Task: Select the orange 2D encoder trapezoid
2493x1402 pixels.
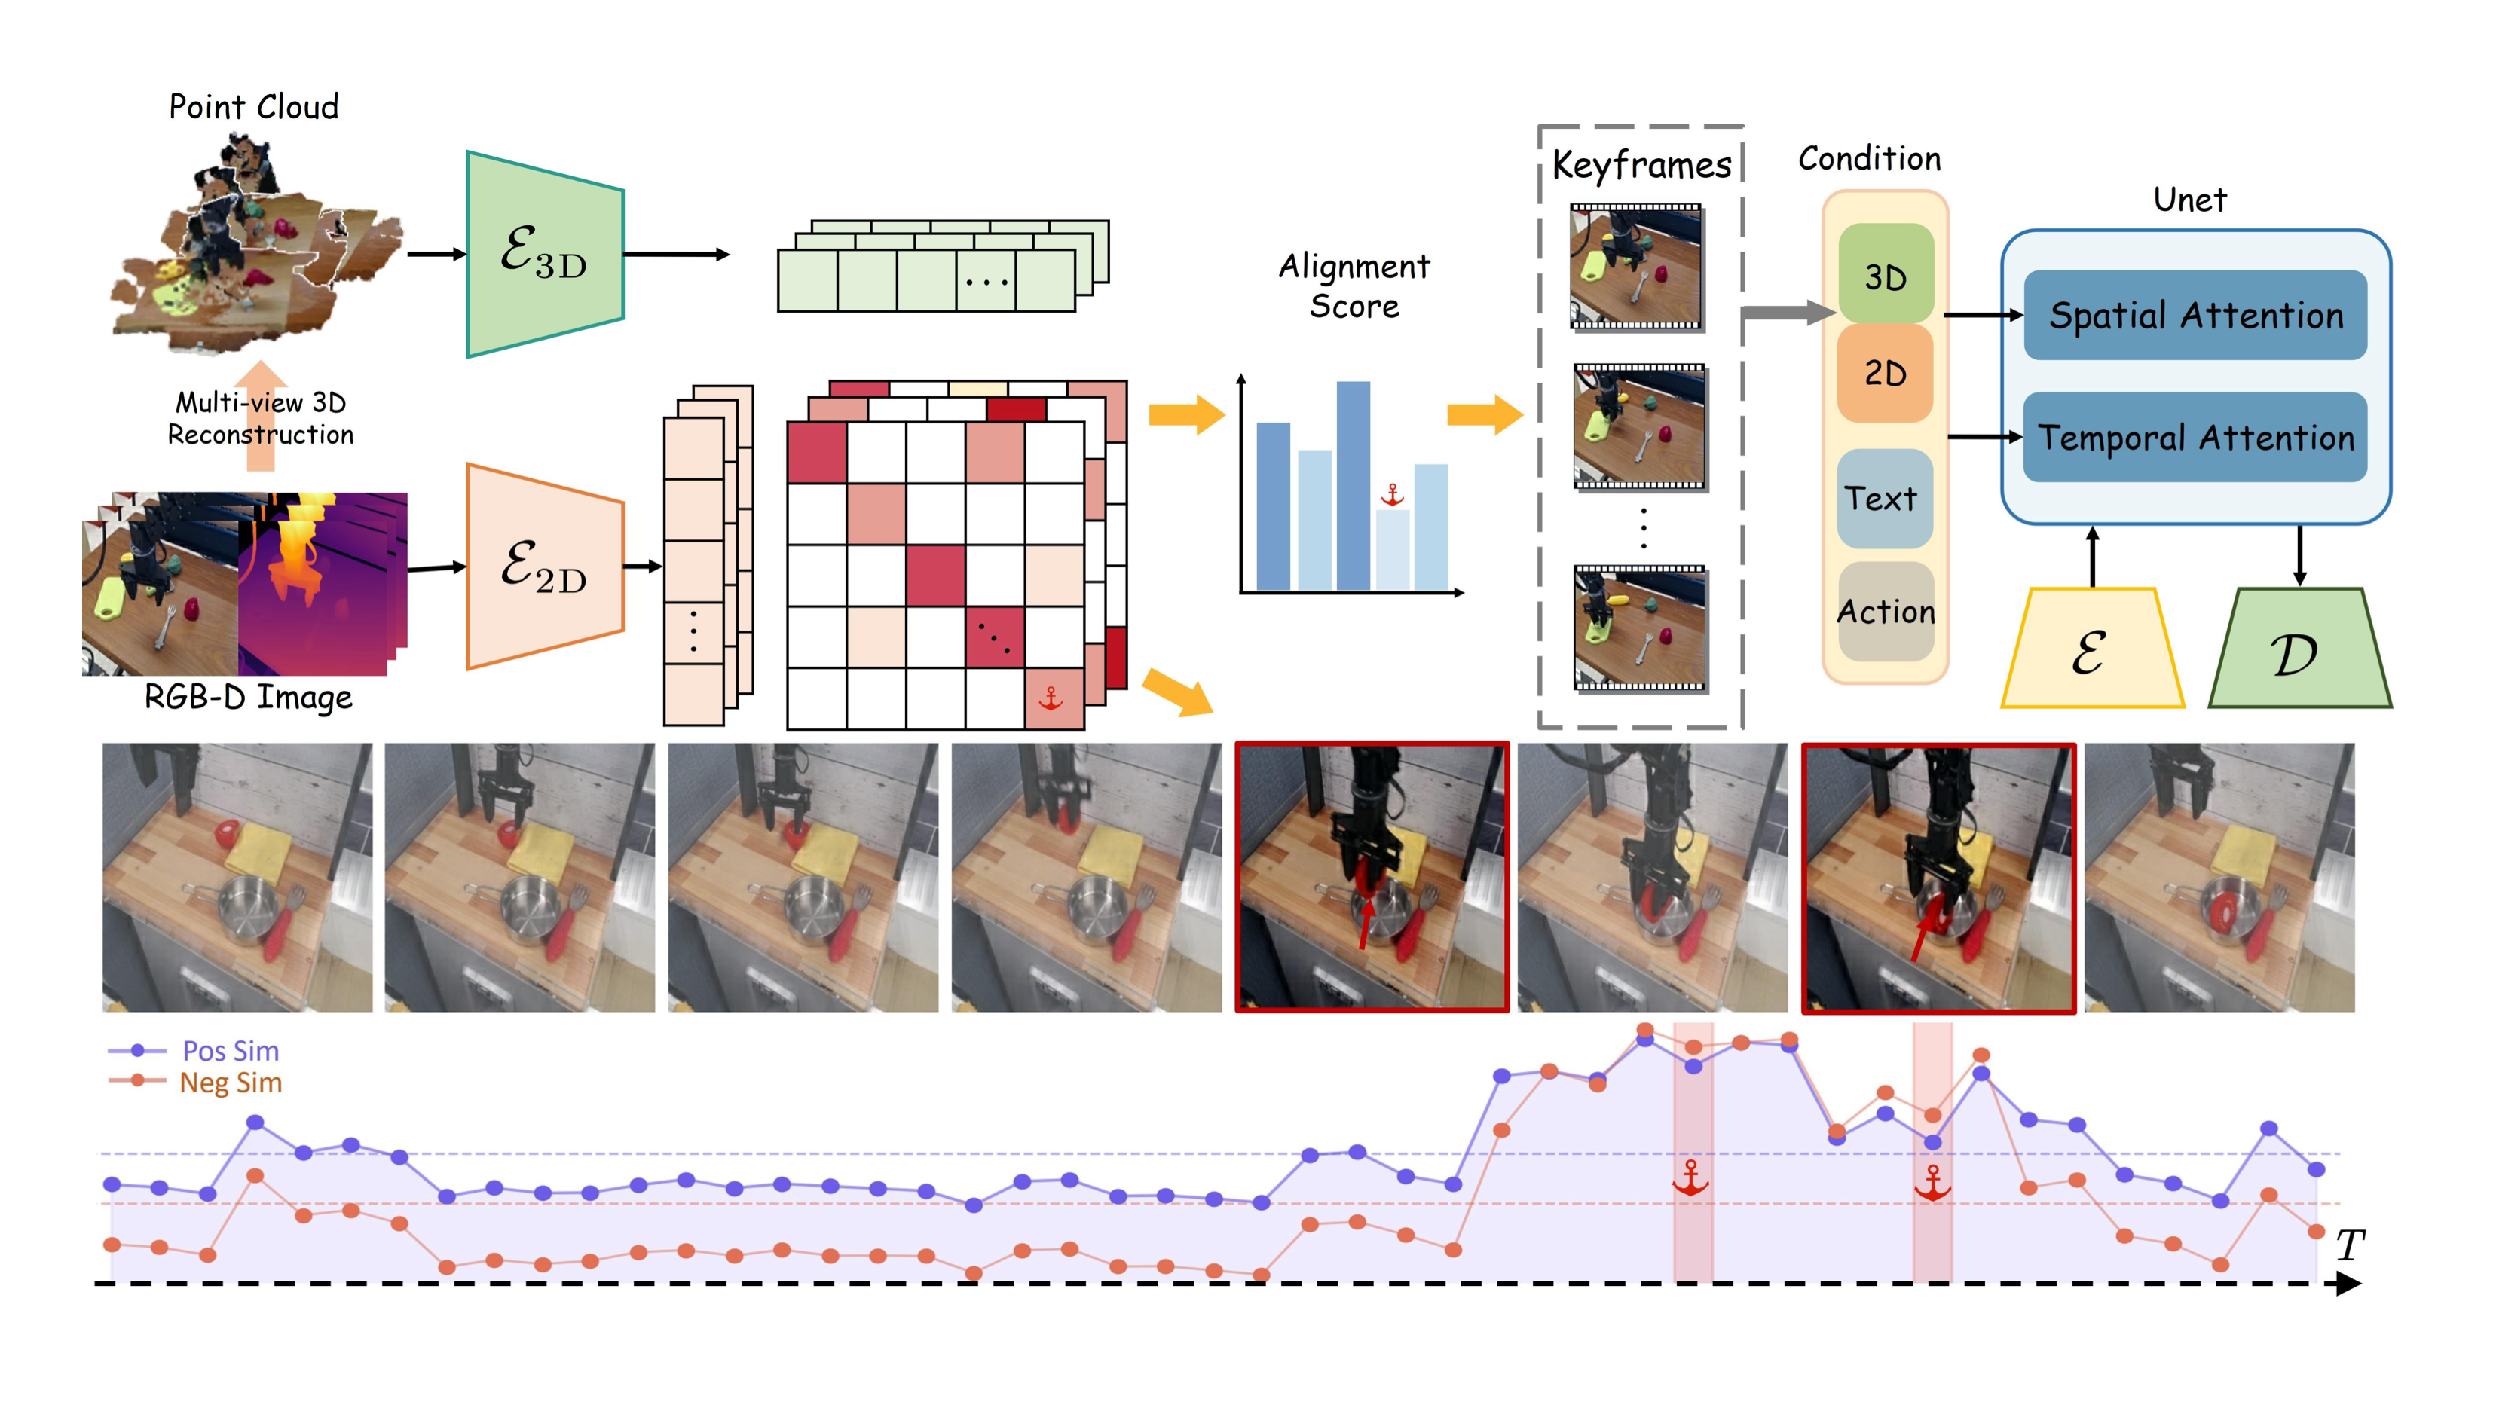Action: point(544,566)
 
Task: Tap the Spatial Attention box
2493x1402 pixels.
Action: point(2195,316)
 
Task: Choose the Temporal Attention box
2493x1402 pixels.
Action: point(2195,438)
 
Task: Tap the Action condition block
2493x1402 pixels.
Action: point(1886,612)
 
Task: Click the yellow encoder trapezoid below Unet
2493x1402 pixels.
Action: point(2091,650)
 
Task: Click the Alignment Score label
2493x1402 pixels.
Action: point(1354,286)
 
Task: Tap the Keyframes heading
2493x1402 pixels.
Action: point(1641,166)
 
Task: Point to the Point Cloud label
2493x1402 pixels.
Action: point(253,106)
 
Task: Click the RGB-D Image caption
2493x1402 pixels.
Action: point(248,697)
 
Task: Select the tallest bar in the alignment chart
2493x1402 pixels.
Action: point(1353,484)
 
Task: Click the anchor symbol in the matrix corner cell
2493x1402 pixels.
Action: point(1051,698)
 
